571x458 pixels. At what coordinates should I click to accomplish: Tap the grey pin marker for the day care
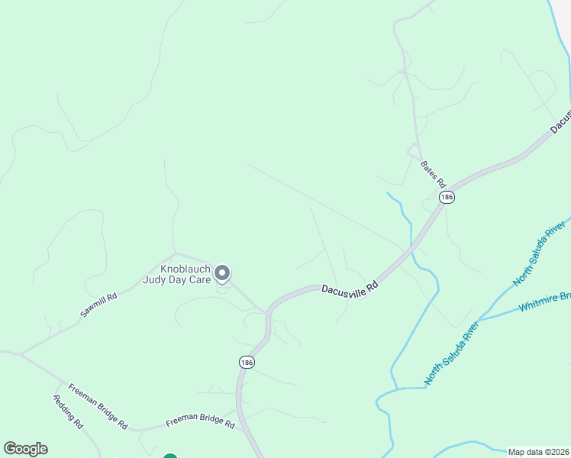(222, 273)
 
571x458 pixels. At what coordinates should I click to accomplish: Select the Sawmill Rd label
(99, 305)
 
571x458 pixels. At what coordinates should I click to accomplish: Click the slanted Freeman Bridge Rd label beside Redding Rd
(97, 405)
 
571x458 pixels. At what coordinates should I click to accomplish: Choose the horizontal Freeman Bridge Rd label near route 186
(200, 421)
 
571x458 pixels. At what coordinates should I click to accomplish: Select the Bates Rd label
(432, 174)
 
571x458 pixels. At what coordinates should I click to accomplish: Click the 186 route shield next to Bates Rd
(447, 197)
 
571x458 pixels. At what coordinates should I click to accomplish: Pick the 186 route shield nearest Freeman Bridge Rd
(246, 362)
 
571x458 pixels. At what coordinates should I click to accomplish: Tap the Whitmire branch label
(544, 302)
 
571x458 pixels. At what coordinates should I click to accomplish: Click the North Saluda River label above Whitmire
(541, 256)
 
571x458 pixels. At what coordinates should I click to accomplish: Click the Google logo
(25, 449)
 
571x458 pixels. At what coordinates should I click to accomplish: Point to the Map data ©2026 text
(538, 452)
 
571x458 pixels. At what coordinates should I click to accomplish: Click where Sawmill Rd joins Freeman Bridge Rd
(22, 354)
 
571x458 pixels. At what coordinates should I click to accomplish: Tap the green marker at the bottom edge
(170, 456)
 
